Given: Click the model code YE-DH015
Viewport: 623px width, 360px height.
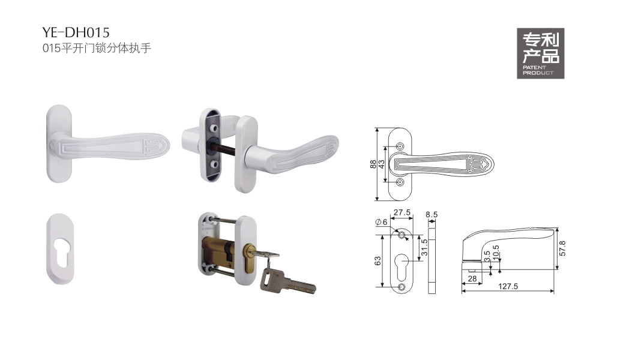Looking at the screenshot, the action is (x=76, y=32).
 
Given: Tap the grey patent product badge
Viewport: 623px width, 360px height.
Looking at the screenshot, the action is (x=540, y=53).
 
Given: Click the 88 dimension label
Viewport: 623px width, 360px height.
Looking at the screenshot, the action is (x=373, y=164).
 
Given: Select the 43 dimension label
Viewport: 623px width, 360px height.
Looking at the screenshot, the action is (x=382, y=164).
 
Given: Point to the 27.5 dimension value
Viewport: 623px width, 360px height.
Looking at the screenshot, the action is (x=402, y=212).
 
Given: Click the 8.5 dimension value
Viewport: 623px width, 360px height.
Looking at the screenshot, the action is (x=432, y=215).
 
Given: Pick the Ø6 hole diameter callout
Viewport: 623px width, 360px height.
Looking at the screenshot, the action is (x=381, y=222).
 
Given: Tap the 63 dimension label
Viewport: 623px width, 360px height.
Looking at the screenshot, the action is (x=378, y=260).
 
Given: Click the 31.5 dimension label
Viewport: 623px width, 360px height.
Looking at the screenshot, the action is (x=424, y=248).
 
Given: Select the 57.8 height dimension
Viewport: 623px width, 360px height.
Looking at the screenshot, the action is (x=562, y=248).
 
